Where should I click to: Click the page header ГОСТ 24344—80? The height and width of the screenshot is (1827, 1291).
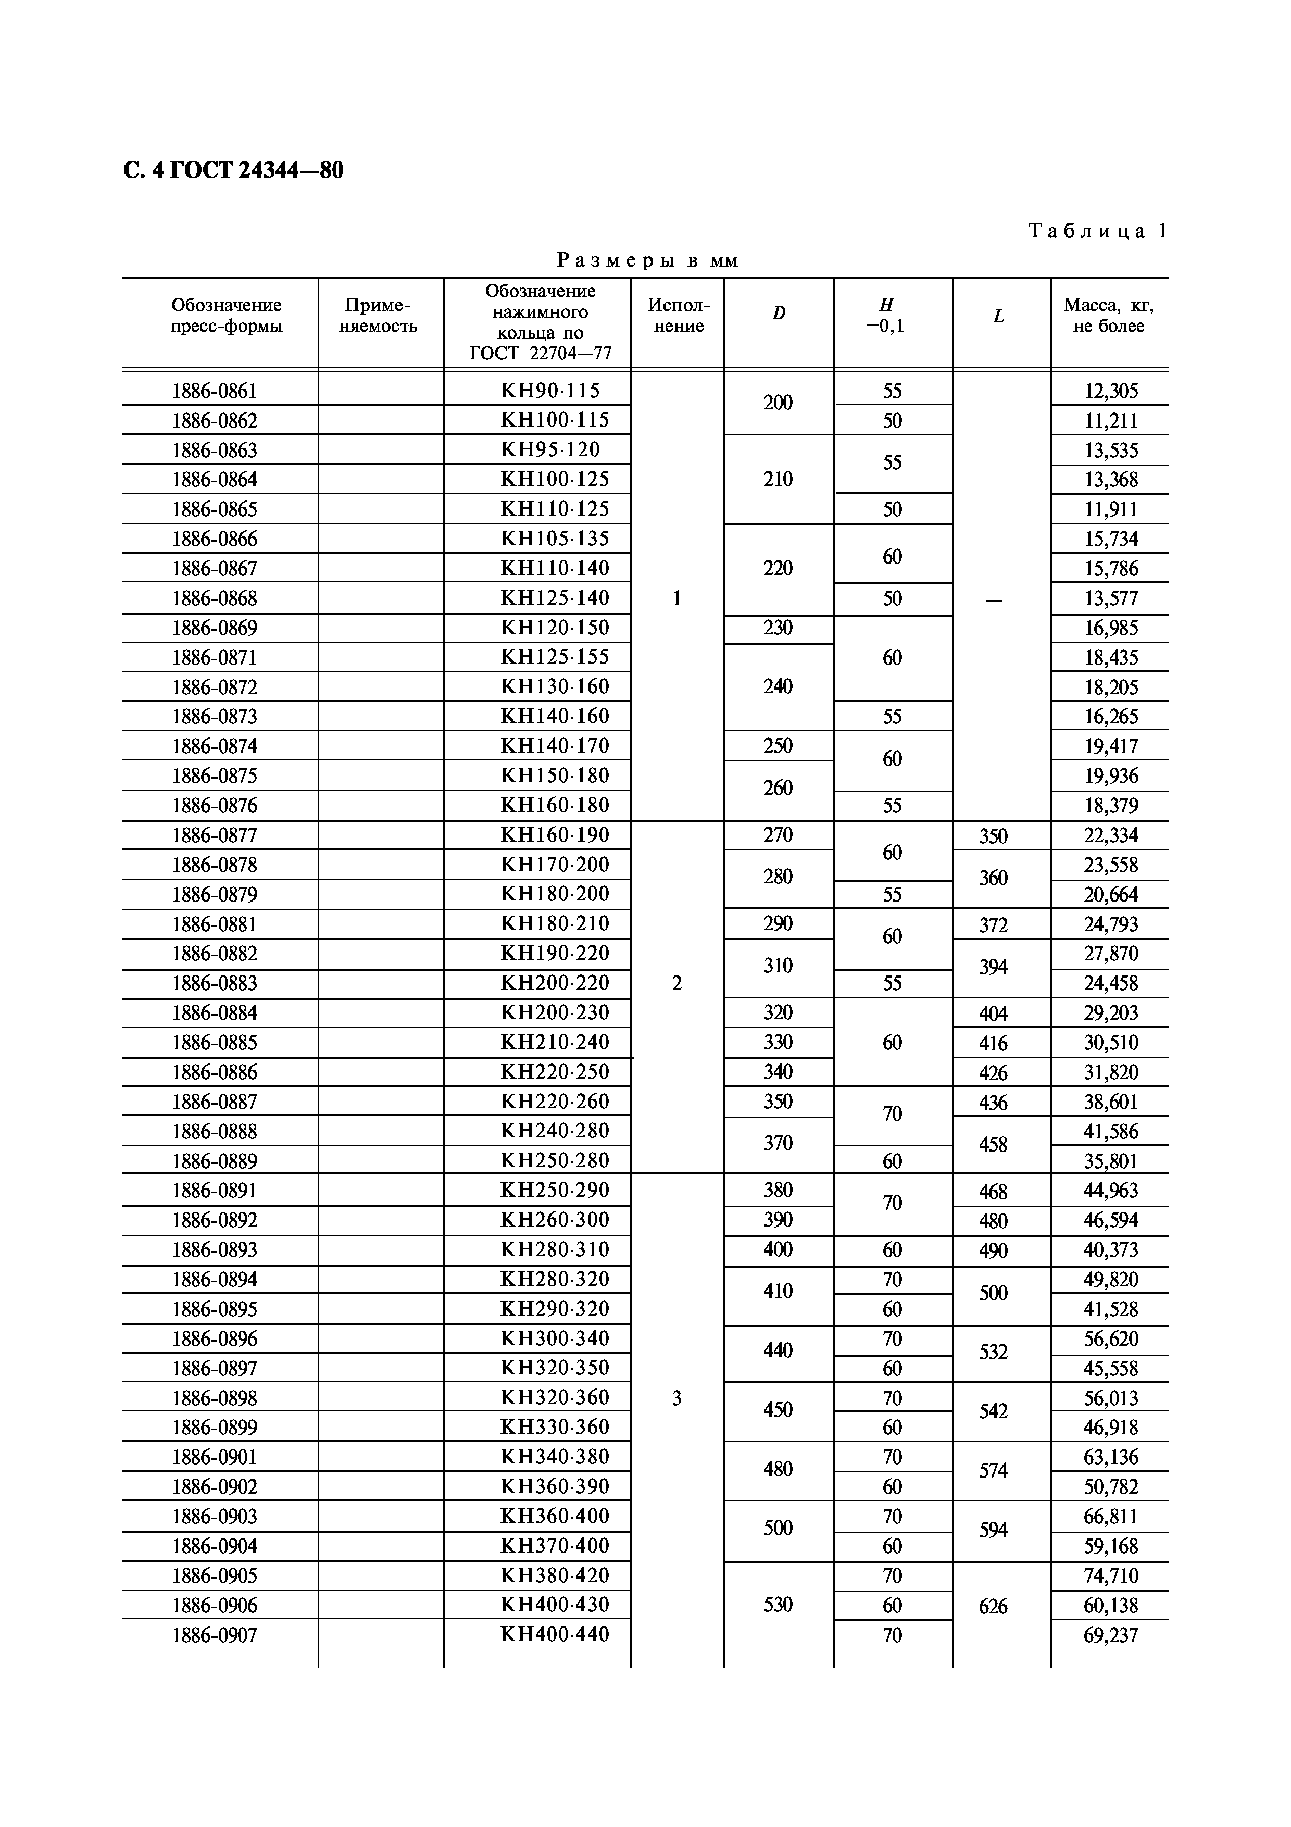(x=233, y=170)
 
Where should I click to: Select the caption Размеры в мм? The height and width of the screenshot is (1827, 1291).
(x=647, y=260)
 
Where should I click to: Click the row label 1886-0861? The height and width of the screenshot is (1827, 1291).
(x=215, y=391)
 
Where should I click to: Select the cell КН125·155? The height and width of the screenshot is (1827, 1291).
(x=555, y=657)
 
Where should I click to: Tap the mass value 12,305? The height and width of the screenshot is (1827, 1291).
(x=1110, y=391)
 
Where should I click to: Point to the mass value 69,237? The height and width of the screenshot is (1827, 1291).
(x=1110, y=1635)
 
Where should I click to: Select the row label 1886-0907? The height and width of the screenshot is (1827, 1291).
(x=215, y=1636)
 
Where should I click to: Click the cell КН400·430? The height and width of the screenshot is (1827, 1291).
(x=555, y=1605)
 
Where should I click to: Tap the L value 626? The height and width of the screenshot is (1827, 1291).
(x=993, y=1606)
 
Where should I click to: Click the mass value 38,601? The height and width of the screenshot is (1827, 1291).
(x=1110, y=1102)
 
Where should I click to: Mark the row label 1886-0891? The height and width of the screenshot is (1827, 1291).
(x=215, y=1191)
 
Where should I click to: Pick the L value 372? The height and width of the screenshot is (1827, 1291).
(x=993, y=924)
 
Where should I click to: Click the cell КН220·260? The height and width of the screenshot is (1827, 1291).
(x=555, y=1102)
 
